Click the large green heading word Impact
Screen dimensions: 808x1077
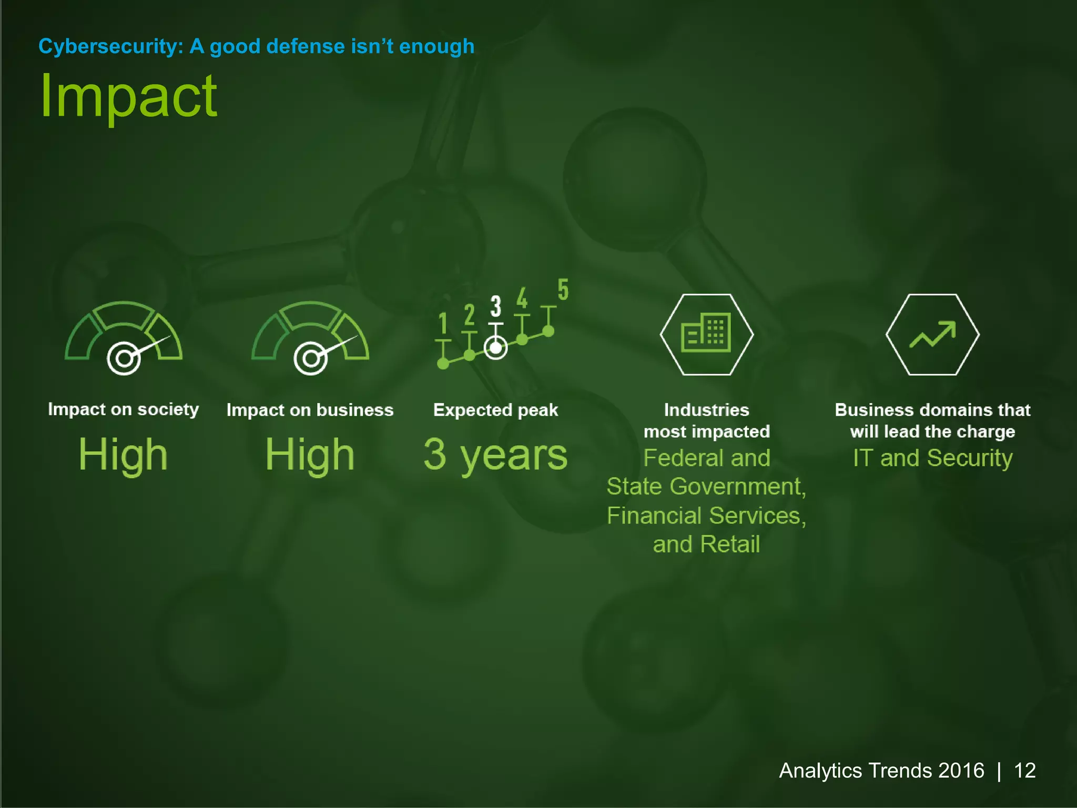point(128,97)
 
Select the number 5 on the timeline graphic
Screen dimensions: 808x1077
point(563,290)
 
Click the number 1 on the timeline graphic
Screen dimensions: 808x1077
point(443,323)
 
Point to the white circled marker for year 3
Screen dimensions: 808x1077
point(495,348)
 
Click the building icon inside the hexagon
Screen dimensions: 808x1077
point(706,333)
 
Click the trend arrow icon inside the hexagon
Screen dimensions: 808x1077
point(932,335)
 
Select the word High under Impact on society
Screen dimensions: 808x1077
point(123,454)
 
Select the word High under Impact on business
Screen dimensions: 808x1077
point(310,454)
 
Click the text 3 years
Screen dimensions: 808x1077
point(495,454)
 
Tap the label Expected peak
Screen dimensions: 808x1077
point(495,410)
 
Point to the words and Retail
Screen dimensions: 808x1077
point(706,544)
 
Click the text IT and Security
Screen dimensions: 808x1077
point(932,458)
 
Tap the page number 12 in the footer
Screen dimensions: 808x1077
point(1024,771)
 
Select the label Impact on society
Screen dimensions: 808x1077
point(123,409)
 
